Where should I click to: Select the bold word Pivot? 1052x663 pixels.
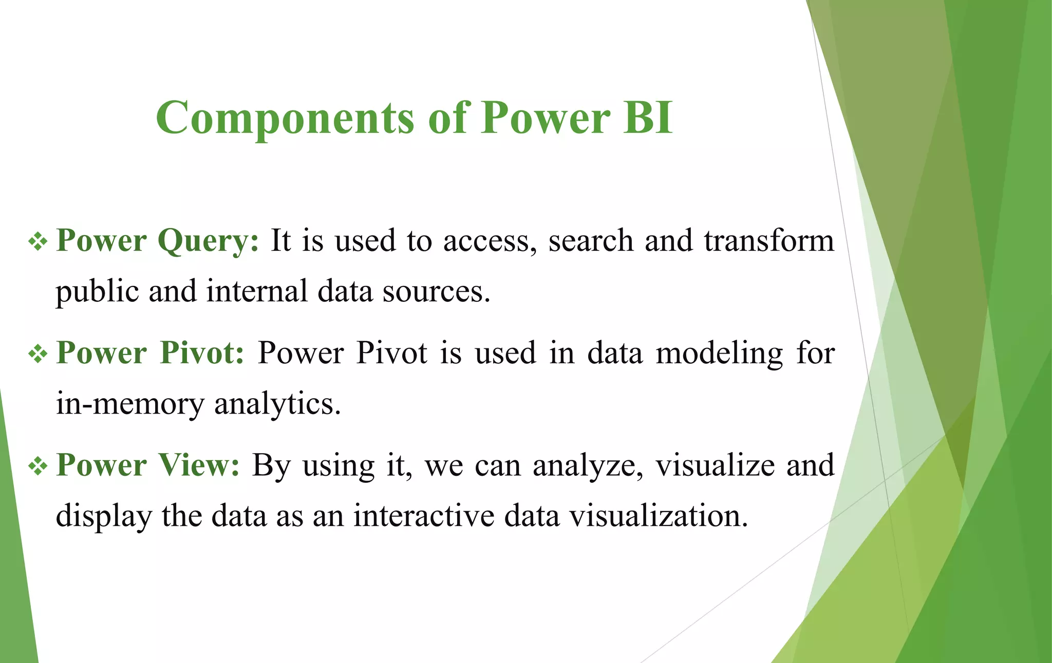point(202,353)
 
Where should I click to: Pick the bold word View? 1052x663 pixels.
point(199,465)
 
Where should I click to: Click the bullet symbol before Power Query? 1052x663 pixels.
point(38,241)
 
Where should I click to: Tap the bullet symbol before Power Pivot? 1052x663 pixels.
point(38,354)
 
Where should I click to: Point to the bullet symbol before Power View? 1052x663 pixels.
point(38,466)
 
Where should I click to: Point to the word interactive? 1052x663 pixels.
point(424,516)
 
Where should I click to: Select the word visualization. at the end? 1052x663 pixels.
point(659,516)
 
